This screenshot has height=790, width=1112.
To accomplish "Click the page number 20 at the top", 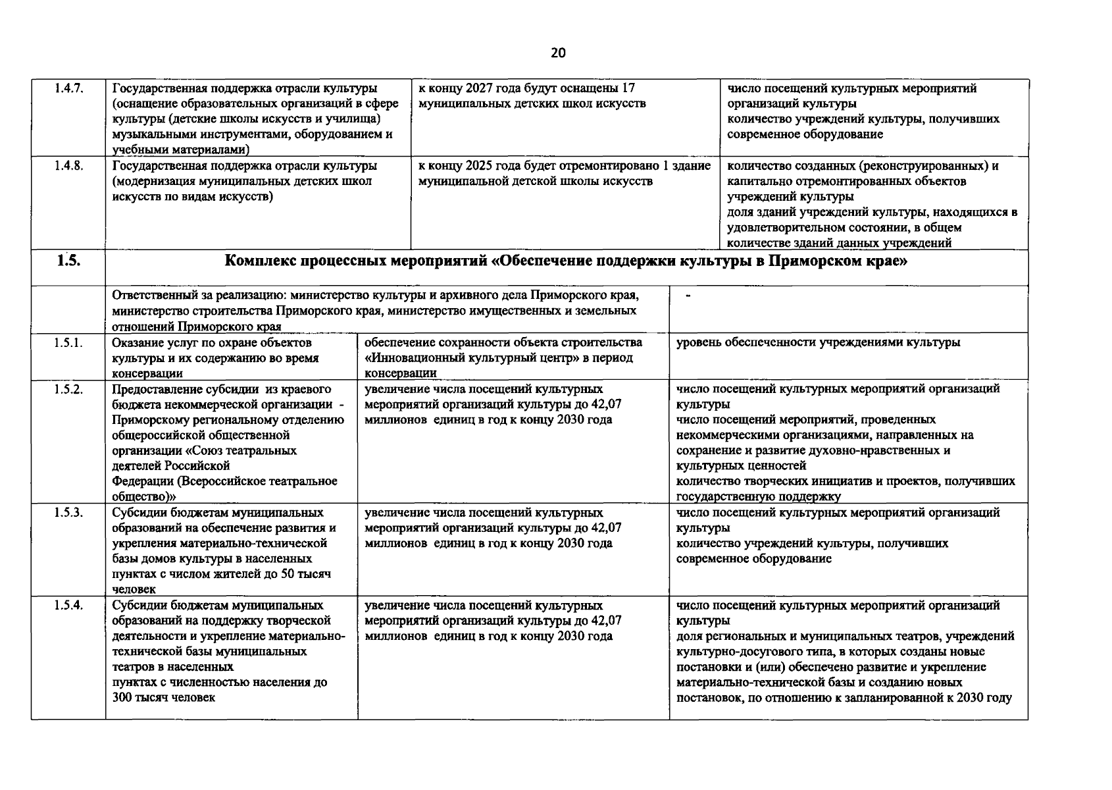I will tap(557, 53).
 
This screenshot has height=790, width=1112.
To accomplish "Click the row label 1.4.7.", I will tap(68, 89).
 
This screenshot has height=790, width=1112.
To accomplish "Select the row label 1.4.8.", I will tap(68, 166).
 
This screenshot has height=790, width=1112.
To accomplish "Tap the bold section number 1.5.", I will tap(68, 261).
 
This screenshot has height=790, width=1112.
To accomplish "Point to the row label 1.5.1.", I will tap(68, 343).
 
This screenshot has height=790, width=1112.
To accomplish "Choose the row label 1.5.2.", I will tap(68, 389).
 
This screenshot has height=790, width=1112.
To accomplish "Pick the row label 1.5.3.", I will tap(68, 513).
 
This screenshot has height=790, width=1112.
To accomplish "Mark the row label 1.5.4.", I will tap(68, 606).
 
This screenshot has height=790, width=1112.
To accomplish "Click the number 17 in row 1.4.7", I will tap(628, 88).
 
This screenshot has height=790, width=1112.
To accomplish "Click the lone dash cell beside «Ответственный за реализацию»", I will tap(688, 296).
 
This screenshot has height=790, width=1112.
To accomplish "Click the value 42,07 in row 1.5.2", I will tap(606, 404).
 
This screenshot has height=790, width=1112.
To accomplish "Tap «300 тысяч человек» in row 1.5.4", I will tap(163, 698).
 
